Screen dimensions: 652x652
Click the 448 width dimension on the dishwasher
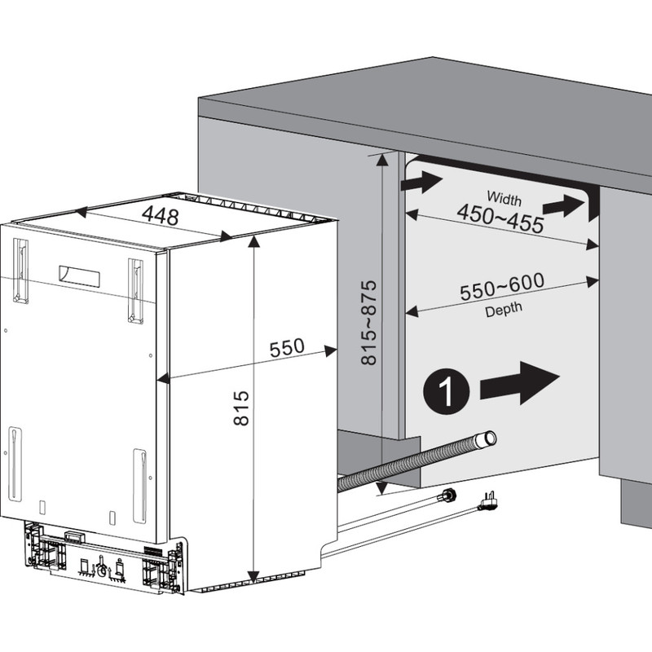pos(160,215)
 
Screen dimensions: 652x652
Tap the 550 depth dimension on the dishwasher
pos(287,348)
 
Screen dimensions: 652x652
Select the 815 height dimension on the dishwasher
pos(241,408)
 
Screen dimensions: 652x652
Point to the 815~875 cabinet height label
pos(369,323)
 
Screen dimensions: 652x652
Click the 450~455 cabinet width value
pos(500,218)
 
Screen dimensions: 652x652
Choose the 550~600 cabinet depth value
pos(502,287)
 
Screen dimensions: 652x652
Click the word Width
pos(504,198)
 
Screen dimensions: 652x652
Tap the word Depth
pos(504,309)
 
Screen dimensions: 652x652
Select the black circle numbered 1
pos(446,391)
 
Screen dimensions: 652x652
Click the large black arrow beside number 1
pos(520,383)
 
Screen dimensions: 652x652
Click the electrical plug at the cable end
pos(488,502)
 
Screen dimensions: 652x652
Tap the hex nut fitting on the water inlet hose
pos(448,496)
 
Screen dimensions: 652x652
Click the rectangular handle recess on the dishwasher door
pos(79,276)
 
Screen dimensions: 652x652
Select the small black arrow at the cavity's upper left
pos(421,182)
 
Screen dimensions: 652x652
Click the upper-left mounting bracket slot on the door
pos(21,271)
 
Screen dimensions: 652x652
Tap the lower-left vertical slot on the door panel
pos(15,464)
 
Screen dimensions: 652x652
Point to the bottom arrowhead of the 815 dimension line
pos(253,577)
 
